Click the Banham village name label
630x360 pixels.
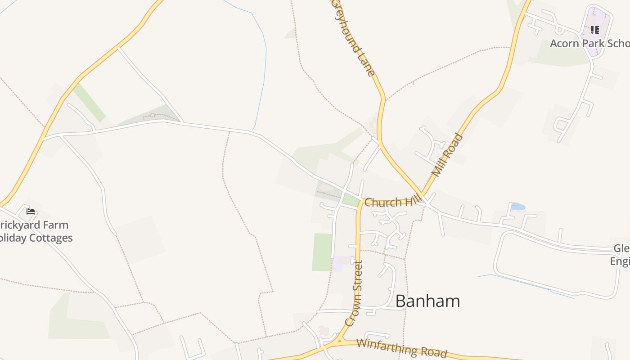[427, 301]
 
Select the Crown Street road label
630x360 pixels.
[354, 293]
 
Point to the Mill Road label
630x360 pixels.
[447, 154]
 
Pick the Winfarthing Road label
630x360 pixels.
[402, 347]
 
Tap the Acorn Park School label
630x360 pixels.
[589, 44]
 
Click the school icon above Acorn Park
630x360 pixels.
[595, 30]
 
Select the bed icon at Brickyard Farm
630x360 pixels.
[30, 211]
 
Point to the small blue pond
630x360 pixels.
[518, 207]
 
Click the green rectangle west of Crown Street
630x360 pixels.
[322, 252]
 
